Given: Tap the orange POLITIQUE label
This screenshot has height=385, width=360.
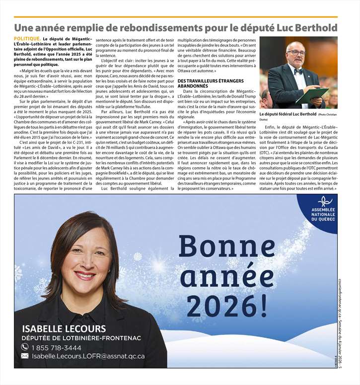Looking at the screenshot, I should coord(28,38).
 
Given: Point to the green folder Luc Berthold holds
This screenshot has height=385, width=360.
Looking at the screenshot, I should coord(312,94).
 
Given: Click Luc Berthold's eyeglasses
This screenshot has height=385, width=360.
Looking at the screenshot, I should coord(296,53).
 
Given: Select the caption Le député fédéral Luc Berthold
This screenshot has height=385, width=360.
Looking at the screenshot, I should coord(288,114).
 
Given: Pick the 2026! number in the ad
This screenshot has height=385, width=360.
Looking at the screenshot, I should coord(227,304).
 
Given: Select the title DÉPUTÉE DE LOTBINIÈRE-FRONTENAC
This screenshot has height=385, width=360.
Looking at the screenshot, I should coord(81,338).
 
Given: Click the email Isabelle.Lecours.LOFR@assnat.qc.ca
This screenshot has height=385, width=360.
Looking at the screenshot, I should coord(88,356).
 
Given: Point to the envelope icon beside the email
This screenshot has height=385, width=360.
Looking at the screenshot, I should coord(24,356).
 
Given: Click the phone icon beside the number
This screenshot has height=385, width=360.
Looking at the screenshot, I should coord(24,347).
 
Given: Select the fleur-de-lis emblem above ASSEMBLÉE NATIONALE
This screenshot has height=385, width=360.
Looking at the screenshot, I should coord(325,201).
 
